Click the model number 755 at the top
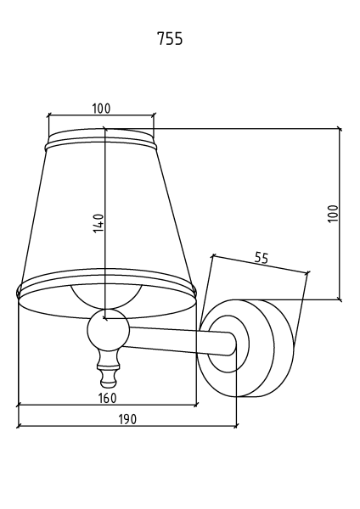coord(170,39)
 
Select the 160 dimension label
coord(107,398)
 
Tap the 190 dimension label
coord(127,419)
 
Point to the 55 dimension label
coord(262,258)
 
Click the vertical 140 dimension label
coord(98,223)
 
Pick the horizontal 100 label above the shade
coord(101,109)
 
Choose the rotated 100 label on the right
coord(333,213)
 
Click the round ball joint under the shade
coord(108,330)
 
